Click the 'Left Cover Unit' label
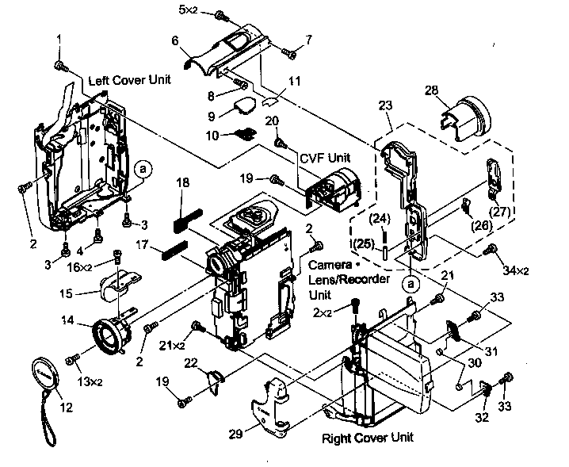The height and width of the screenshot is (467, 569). click(129, 81)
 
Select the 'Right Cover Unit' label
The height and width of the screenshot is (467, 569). click(369, 437)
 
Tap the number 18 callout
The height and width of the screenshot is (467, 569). click(182, 182)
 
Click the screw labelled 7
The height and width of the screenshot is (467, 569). click(290, 54)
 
